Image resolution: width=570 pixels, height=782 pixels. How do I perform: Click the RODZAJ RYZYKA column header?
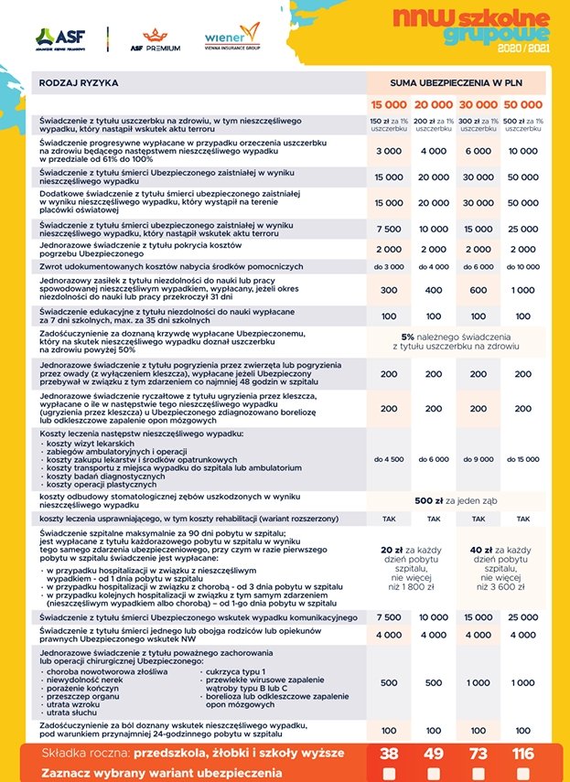coord(80,82)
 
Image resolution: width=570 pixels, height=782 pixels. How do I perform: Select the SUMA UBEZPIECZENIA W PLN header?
coord(456,82)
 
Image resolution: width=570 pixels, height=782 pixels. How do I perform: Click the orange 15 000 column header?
coord(389,104)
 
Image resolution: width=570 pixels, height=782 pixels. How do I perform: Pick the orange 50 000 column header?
coord(523,104)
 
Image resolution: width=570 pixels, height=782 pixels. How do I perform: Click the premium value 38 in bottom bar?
coord(389,754)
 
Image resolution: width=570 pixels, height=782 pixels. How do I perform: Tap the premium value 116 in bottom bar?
coord(523,754)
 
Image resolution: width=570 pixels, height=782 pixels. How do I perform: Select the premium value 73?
coord(479,754)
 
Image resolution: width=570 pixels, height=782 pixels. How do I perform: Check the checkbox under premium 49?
coord(434,773)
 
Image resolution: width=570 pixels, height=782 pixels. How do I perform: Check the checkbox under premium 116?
coord(523,773)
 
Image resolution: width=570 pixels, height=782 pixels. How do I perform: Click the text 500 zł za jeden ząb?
coord(456,500)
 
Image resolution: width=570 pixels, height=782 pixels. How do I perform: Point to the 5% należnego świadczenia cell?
coord(456,342)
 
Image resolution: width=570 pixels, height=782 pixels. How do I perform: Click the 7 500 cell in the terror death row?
coord(389,229)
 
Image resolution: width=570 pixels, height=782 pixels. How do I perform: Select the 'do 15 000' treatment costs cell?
coord(523,459)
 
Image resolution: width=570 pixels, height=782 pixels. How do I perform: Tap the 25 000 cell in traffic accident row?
coord(523,617)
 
